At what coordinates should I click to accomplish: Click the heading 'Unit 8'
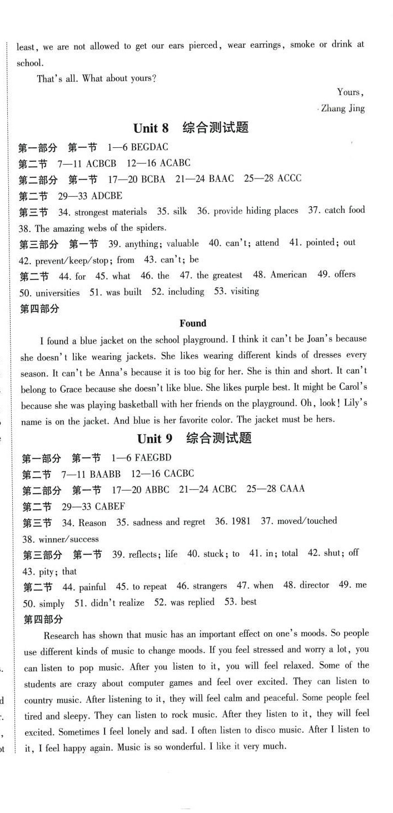(151, 128)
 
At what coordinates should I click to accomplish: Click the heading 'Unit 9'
(155, 439)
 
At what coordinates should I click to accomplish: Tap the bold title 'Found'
(193, 323)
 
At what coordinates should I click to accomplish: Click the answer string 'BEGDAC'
(149, 147)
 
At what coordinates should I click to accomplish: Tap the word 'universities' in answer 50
(57, 292)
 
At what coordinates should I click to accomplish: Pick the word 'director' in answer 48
(315, 585)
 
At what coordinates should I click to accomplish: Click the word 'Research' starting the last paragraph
(61, 634)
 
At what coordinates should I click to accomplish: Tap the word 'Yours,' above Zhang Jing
(350, 92)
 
